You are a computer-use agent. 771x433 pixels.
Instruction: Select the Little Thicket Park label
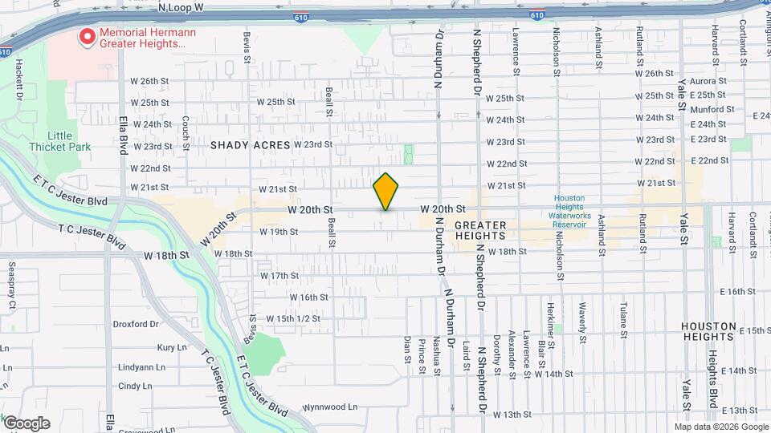click(59, 141)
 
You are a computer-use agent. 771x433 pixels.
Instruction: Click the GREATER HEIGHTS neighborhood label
click(480, 230)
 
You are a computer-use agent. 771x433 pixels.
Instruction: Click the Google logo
click(27, 423)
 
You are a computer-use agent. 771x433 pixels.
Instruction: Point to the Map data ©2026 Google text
click(721, 427)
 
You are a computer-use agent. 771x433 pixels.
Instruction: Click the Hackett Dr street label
click(18, 80)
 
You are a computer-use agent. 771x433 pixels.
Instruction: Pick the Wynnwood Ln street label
click(330, 407)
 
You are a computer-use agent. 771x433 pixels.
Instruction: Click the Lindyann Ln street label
click(141, 366)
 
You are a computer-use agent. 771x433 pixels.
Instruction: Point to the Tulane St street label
click(623, 318)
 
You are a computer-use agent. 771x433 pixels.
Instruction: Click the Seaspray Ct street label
click(12, 285)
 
